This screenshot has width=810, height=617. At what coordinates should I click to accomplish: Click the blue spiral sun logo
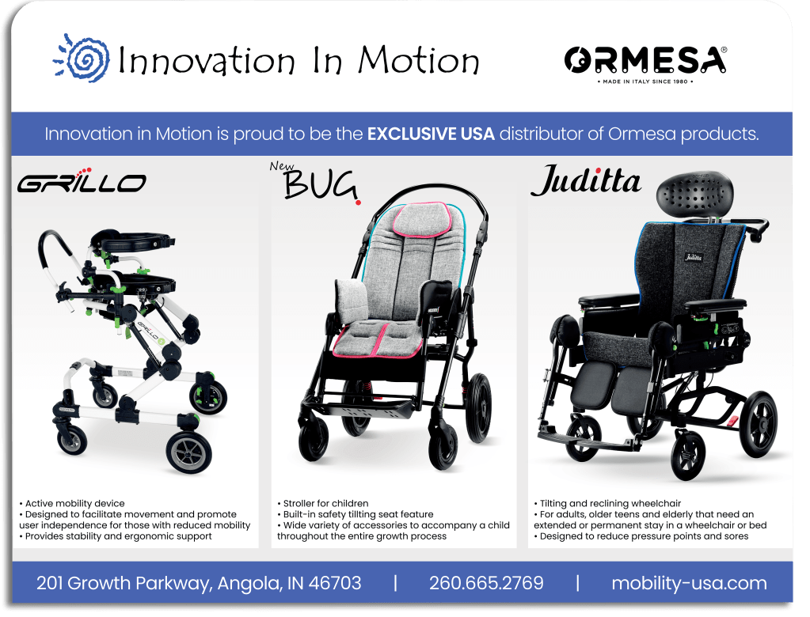pos(82,58)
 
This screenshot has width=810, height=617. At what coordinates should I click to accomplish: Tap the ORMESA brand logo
pos(645,60)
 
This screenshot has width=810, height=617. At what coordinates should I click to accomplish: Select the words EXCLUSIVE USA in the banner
pos(431,134)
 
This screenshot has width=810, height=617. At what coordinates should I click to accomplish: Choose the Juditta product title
pos(587,180)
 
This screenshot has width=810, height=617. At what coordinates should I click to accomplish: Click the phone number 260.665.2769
pos(486,583)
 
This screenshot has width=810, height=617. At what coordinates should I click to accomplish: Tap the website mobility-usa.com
pos(689,583)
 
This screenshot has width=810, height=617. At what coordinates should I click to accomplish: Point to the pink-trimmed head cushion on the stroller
pos(421,220)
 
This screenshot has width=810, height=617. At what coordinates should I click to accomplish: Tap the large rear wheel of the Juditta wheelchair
pos(758,425)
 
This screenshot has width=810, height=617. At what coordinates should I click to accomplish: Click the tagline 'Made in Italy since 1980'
pos(645,81)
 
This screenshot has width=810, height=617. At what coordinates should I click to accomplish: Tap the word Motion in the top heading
pos(418,60)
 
